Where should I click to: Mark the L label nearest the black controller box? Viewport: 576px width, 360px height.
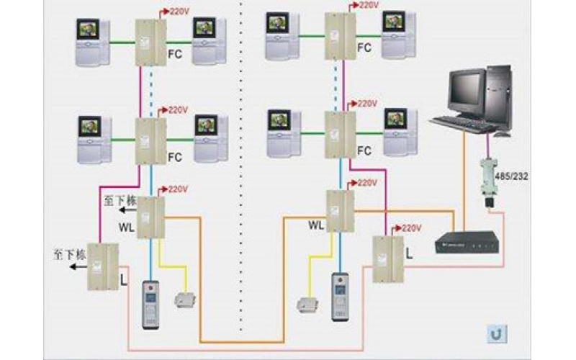coord(410,254)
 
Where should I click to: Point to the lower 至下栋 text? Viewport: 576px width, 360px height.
coord(69,254)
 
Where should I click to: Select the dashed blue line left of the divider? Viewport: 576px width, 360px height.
coord(151,91)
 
